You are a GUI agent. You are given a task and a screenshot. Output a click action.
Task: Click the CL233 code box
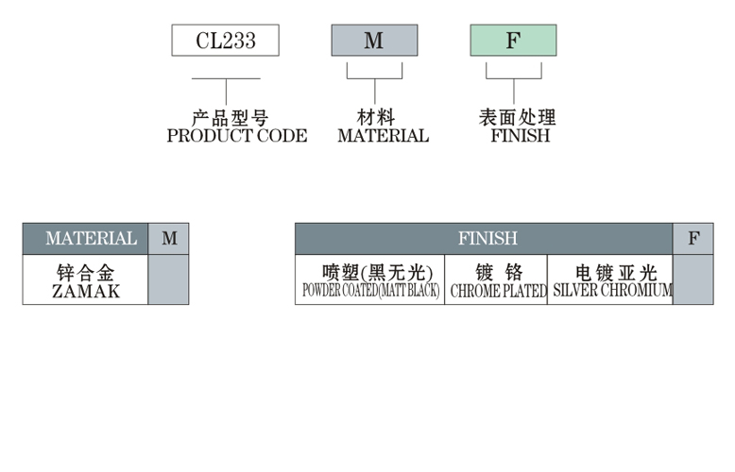225,41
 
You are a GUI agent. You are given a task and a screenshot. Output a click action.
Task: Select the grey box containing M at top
374,41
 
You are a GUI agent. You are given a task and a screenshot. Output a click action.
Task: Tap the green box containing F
513,41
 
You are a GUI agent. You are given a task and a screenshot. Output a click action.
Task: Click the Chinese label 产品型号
230,118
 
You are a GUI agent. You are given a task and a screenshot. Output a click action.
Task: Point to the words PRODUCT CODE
236,136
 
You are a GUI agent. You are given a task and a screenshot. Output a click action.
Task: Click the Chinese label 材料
375,118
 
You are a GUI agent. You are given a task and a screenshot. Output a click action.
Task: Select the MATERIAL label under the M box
383,136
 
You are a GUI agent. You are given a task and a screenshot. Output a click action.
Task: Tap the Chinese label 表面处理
518,118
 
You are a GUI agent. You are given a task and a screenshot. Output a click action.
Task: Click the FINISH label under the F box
520,136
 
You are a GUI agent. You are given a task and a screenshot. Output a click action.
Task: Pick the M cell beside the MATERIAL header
169,239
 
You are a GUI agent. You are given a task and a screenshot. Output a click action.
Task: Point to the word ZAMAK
85,292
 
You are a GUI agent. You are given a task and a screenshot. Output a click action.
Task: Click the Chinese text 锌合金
85,273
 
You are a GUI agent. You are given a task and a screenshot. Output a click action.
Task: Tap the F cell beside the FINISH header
693,239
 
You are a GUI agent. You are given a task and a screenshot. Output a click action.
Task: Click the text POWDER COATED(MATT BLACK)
369,292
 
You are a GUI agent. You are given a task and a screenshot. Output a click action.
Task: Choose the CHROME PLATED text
498,292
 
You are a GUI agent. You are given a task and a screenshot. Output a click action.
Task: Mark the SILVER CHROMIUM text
611,292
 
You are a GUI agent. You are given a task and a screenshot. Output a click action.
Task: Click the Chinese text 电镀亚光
611,273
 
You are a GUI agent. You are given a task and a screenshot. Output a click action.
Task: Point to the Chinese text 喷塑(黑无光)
369,273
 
